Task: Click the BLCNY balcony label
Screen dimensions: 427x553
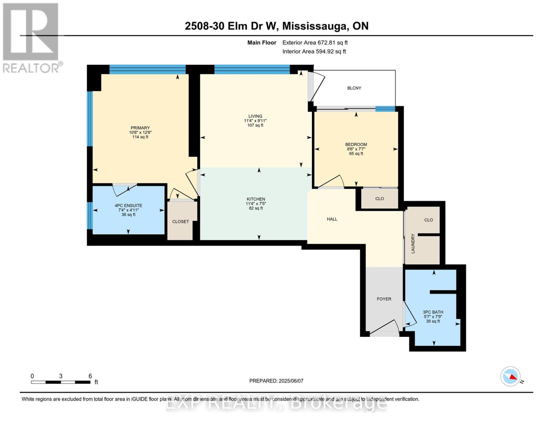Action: (x=354, y=88)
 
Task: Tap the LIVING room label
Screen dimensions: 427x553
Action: (x=255, y=116)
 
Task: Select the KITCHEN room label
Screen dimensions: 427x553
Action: (x=256, y=199)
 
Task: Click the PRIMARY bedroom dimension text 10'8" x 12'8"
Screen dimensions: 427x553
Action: (x=140, y=132)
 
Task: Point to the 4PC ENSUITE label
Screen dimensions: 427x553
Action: (x=128, y=205)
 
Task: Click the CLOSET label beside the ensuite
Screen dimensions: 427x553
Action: (x=181, y=221)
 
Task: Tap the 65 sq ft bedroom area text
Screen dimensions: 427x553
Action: (x=356, y=154)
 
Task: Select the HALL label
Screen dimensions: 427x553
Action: (x=332, y=219)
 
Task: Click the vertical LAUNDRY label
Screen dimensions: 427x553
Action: (x=413, y=243)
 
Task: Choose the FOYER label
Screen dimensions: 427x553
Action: (x=384, y=299)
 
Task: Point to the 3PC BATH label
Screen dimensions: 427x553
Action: (x=433, y=312)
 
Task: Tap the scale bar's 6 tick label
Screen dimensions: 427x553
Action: (x=90, y=376)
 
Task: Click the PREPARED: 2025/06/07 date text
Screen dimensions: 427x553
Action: (x=276, y=381)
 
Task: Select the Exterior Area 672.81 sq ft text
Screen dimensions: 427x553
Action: (x=315, y=42)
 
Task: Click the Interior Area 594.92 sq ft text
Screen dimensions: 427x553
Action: (x=314, y=51)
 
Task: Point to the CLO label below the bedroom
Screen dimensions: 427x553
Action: (x=379, y=199)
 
